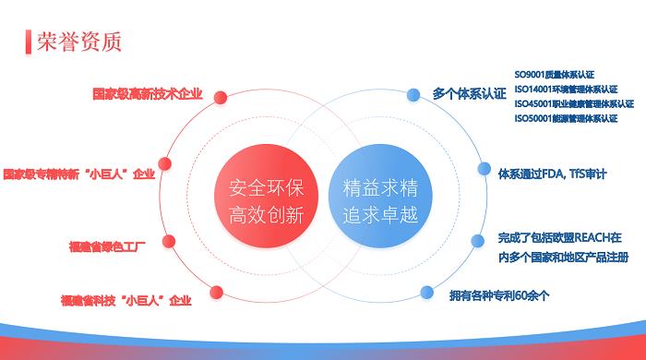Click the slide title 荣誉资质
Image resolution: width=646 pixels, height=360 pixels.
pos(79,42)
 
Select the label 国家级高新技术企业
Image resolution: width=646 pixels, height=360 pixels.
pos(148,94)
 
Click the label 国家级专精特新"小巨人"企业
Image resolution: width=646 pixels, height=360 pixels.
pos(78,173)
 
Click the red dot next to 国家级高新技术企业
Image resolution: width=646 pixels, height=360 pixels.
pos(222,94)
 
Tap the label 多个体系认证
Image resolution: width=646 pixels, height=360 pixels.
pos(470,94)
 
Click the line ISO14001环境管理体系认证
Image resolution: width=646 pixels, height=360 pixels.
pos(567,90)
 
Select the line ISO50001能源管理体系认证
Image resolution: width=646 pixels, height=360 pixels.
pos(567,118)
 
